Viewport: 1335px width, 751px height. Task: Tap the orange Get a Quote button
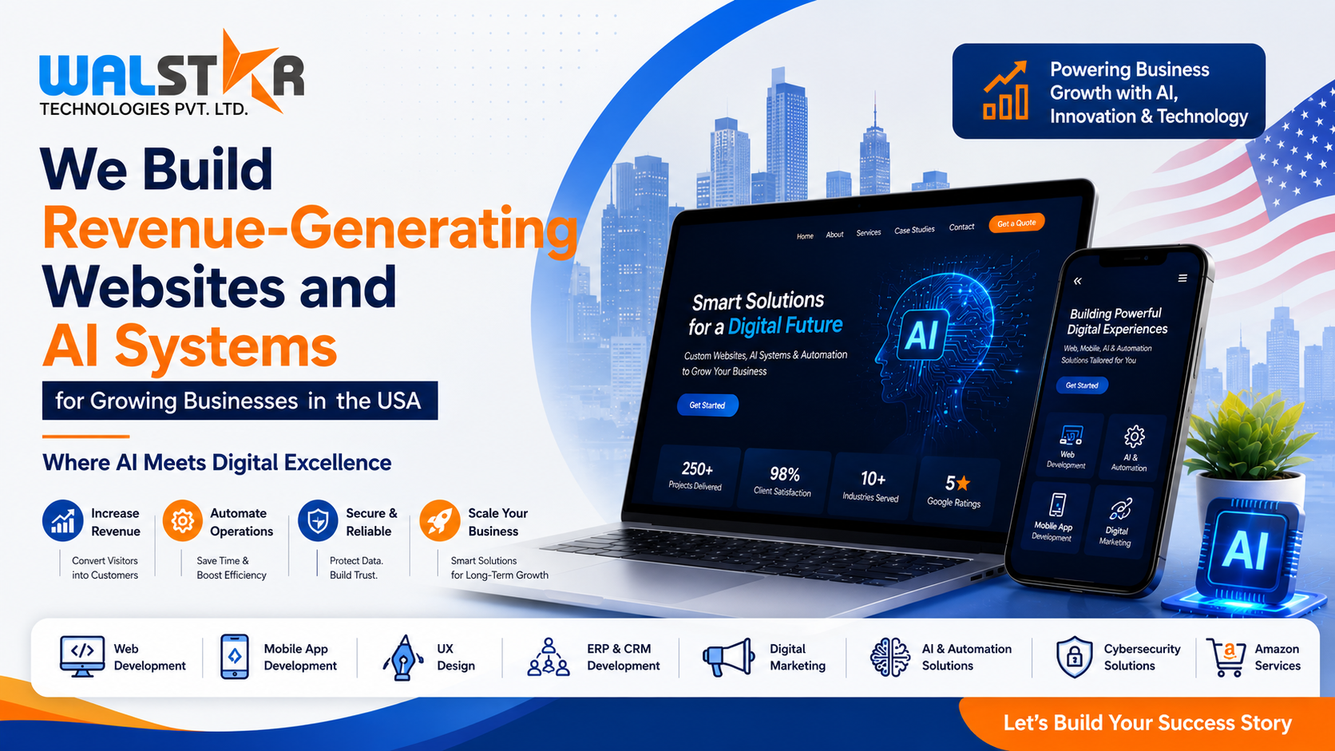click(x=1016, y=223)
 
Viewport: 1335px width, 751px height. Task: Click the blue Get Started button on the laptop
click(x=707, y=405)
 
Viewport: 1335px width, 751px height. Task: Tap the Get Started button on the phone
click(x=1082, y=385)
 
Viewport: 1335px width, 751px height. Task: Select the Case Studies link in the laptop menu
click(x=914, y=230)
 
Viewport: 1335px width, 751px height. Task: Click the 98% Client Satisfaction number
click(x=784, y=474)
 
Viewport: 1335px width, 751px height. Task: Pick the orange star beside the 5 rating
click(x=963, y=483)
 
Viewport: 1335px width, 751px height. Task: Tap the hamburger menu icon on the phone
click(x=1182, y=278)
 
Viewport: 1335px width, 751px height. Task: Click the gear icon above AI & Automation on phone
click(x=1134, y=437)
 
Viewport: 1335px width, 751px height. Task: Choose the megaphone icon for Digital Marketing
click(x=727, y=657)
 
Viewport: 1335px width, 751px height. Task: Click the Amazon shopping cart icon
click(x=1226, y=657)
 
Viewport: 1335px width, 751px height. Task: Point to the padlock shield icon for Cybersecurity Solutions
click(x=1074, y=657)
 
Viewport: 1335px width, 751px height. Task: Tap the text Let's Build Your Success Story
click(x=1147, y=723)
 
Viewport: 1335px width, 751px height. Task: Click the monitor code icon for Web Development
click(x=82, y=656)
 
